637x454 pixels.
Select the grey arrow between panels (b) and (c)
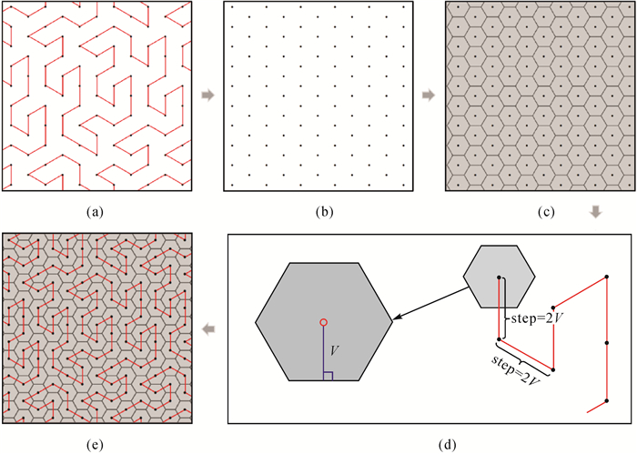point(429,95)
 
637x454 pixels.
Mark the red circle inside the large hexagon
point(323,322)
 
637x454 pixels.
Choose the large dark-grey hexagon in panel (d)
point(323,321)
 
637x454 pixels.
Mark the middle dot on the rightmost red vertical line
point(606,344)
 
